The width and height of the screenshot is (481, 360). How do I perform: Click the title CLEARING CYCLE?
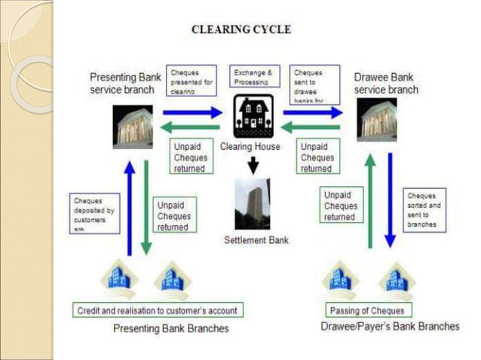coord(240,30)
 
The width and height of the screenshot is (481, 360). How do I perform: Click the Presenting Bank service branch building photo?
coord(133,126)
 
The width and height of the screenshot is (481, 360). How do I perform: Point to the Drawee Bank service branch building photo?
coord(377,120)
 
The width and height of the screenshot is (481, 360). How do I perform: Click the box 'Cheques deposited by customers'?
coord(94,213)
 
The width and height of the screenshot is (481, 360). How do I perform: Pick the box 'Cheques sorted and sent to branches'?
coord(424,210)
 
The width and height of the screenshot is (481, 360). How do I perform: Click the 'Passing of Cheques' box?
coord(367,310)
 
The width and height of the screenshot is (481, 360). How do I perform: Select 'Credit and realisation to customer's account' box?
coord(158,310)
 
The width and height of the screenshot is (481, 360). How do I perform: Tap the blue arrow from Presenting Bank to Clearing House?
coord(192,112)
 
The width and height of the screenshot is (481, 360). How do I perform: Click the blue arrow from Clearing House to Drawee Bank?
coord(312,112)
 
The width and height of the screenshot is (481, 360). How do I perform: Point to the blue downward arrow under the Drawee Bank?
coord(390,200)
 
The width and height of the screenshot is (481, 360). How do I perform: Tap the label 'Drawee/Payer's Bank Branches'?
coord(390,326)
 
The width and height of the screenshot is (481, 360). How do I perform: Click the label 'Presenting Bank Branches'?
coord(170,328)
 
